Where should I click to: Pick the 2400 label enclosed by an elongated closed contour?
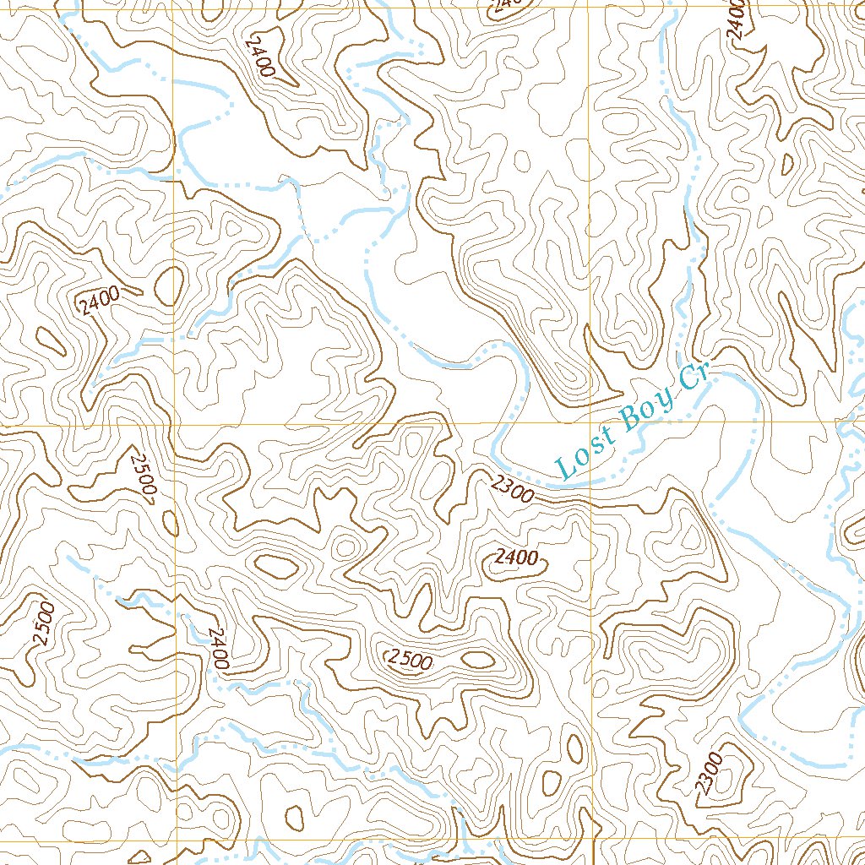(516, 558)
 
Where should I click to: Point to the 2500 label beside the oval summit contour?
(409, 660)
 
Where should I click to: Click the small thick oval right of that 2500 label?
(478, 658)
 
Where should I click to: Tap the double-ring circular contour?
(345, 547)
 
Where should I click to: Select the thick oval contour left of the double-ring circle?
(275, 567)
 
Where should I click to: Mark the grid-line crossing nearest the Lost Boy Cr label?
(589, 422)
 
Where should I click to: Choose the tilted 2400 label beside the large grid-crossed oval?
(100, 301)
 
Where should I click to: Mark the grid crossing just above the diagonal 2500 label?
(174, 426)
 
